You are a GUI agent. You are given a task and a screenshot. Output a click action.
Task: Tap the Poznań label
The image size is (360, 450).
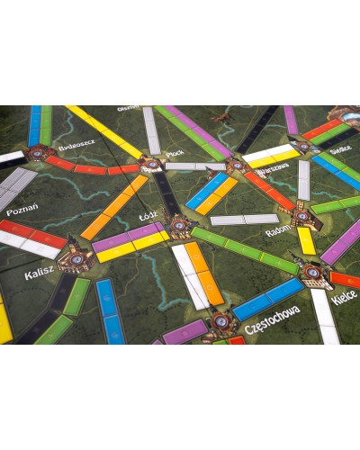tap(22, 212)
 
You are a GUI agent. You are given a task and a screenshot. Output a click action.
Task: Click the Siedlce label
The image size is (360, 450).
tap(342, 152)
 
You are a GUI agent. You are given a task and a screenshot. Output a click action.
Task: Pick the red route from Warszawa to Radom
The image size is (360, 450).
tap(269, 191)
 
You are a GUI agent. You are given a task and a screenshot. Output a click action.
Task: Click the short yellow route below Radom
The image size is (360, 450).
tap(307, 240)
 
